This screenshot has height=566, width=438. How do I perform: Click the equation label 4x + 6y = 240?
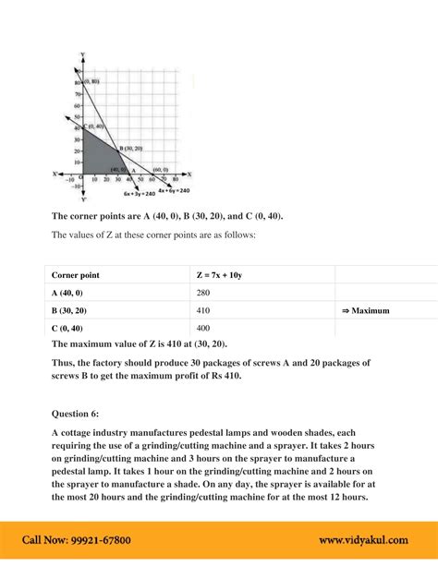pos(174,189)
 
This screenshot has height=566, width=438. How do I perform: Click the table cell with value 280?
pos(203,293)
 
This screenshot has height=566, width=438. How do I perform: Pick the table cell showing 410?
pos(203,311)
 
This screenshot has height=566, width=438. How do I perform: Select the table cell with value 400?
pos(203,329)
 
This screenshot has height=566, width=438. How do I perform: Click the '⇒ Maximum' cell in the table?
pos(365,311)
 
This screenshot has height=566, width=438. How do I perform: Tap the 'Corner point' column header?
pos(76,275)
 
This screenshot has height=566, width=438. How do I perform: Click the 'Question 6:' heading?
pos(82,415)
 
